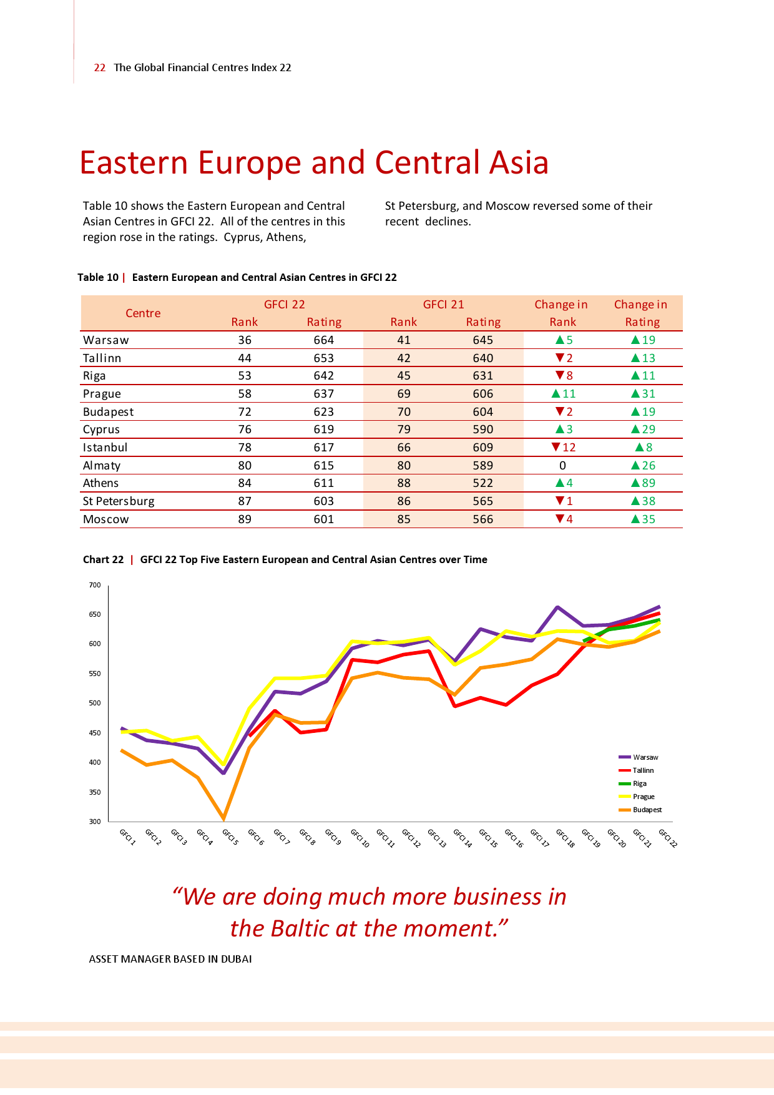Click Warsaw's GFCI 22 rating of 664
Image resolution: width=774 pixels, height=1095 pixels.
[x=323, y=340]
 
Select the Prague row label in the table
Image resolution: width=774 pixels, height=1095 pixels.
[x=102, y=394]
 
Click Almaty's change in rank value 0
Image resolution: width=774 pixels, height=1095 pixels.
[x=562, y=466]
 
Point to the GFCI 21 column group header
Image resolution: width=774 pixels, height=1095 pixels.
[x=443, y=305]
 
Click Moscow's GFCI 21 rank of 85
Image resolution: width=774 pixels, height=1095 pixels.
[x=404, y=519]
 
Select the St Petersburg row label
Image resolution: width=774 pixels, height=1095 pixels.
[x=119, y=501]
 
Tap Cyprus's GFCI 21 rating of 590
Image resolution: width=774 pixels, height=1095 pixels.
[x=483, y=430]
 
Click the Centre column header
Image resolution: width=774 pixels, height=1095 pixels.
[x=143, y=313]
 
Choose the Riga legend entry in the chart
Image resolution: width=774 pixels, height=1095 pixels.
[x=639, y=783]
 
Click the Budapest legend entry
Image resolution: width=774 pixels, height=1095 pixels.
[x=647, y=810]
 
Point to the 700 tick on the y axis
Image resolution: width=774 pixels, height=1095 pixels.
[x=94, y=585]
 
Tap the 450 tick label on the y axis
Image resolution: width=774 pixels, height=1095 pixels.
[x=94, y=733]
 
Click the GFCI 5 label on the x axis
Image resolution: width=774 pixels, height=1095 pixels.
[x=230, y=837]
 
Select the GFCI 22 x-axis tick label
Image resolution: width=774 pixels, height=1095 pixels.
[x=667, y=838]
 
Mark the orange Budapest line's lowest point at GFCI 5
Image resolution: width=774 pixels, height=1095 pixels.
[x=223, y=818]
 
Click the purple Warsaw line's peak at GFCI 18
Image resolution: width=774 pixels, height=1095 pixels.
[x=557, y=607]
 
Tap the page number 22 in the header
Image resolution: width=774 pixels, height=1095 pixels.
[x=99, y=68]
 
